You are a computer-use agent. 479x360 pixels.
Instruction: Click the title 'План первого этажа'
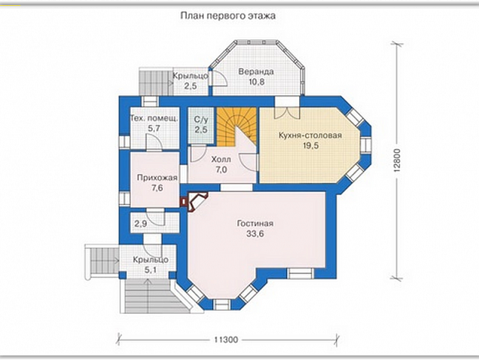point(228,16)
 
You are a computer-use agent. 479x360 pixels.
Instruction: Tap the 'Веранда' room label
point(256,72)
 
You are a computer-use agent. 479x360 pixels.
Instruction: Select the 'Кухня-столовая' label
point(310,135)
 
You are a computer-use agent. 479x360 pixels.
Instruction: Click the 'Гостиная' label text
point(255,224)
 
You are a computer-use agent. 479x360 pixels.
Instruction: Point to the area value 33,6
point(255,234)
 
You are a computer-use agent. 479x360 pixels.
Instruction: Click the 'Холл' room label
point(221,160)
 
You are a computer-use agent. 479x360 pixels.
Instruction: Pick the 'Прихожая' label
point(157,178)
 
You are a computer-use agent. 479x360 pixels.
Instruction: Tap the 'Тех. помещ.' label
point(154,119)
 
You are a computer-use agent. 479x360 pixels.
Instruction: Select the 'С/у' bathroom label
point(201,119)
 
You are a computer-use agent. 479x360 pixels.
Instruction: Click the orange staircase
point(236,126)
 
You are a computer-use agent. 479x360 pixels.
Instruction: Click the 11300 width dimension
point(226,340)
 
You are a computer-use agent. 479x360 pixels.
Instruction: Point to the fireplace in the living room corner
point(195,202)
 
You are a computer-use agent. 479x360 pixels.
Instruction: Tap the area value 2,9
point(141,224)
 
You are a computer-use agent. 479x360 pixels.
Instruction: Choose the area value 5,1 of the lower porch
point(150,269)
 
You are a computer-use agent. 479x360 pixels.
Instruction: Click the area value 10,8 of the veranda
point(256,82)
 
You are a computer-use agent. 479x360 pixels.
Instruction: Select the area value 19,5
point(311,146)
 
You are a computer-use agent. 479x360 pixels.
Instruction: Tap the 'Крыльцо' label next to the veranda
point(190,76)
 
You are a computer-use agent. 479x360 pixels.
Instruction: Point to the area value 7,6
point(157,188)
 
